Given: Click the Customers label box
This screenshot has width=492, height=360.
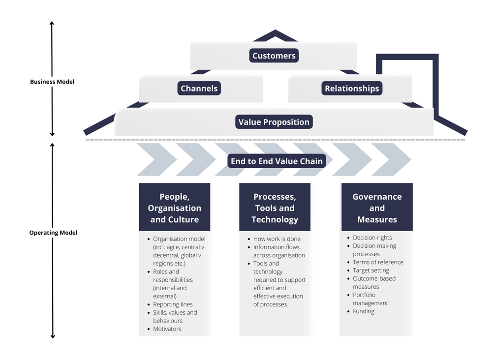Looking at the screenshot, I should tap(274, 56).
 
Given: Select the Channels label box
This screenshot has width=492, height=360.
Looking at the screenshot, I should tap(199, 89).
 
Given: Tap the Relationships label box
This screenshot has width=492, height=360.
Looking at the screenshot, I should tap(352, 89).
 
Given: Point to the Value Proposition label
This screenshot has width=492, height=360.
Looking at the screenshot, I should tap(274, 122).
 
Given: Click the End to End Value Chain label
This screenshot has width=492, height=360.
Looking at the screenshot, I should tap(277, 161).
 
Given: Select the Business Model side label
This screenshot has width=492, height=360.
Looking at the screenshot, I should tap(52, 82).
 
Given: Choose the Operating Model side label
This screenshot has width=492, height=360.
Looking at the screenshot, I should tap(53, 233).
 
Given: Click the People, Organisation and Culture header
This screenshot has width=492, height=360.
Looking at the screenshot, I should tap(175, 208).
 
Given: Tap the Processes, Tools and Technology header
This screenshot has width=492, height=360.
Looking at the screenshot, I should tap(275, 208).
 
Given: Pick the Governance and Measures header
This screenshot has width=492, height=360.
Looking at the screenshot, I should tap(377, 208).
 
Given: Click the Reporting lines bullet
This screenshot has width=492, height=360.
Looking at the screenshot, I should tap(173, 304).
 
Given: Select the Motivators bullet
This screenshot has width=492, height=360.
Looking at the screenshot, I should tap(167, 329).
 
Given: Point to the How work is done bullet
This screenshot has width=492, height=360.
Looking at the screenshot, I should tap(277, 239).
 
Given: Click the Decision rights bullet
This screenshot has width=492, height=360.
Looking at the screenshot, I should tap(372, 238).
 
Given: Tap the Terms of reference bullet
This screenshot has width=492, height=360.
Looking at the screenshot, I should tap(378, 262).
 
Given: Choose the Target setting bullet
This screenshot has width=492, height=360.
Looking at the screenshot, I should tap(371, 270).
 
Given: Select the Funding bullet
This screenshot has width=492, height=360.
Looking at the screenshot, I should tap(364, 311).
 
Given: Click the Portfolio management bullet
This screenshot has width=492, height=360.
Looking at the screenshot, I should tap(370, 299).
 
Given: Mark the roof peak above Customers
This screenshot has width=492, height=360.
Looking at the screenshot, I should tap(275, 33).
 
